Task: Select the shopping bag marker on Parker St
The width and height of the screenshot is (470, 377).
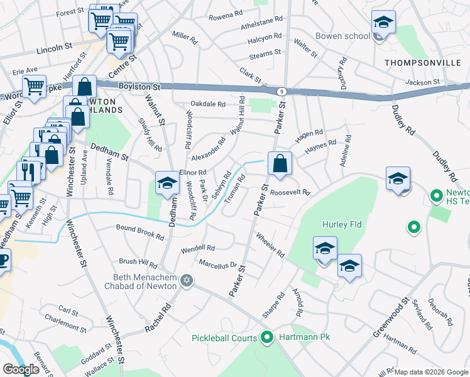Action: tap(280, 164)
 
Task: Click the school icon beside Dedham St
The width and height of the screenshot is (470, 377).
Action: tap(167, 183)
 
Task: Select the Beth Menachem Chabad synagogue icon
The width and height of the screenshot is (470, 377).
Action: tap(186, 280)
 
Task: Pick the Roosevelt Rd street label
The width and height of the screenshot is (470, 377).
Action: tap(291, 192)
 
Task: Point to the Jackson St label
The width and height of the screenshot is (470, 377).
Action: tap(422, 82)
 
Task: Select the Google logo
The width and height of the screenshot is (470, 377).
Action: tap(21, 369)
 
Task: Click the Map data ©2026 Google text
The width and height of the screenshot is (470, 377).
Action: tap(431, 372)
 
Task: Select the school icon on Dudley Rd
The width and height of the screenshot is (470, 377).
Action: tap(398, 178)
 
